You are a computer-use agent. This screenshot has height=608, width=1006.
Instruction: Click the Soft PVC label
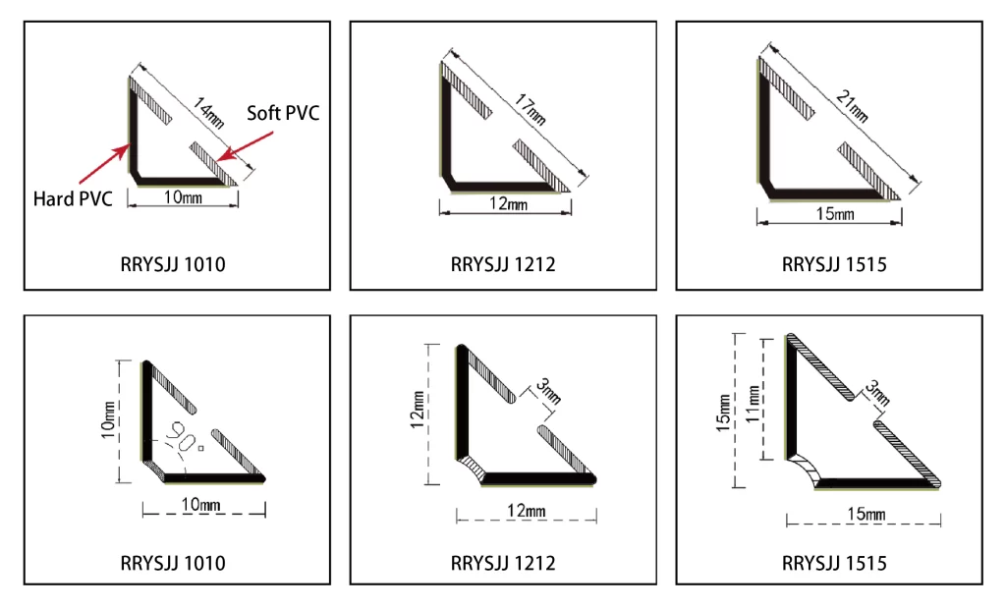point(283,113)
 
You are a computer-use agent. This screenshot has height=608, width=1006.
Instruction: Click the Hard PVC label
point(73,198)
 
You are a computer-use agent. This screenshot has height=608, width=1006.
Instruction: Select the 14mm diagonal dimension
point(208,113)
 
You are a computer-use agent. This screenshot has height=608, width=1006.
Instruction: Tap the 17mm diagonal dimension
point(530,110)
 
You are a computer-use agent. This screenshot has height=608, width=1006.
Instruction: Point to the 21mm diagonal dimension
point(853,106)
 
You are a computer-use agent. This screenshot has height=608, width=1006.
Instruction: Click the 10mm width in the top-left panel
point(183,196)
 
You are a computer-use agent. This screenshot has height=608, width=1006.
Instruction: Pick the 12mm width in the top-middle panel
point(508,204)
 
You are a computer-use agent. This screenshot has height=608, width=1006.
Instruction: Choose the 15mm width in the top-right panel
point(835,213)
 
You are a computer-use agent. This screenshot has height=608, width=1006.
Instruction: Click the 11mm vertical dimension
point(753,403)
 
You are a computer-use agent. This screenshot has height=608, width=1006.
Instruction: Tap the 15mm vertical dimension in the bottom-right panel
point(723,413)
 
